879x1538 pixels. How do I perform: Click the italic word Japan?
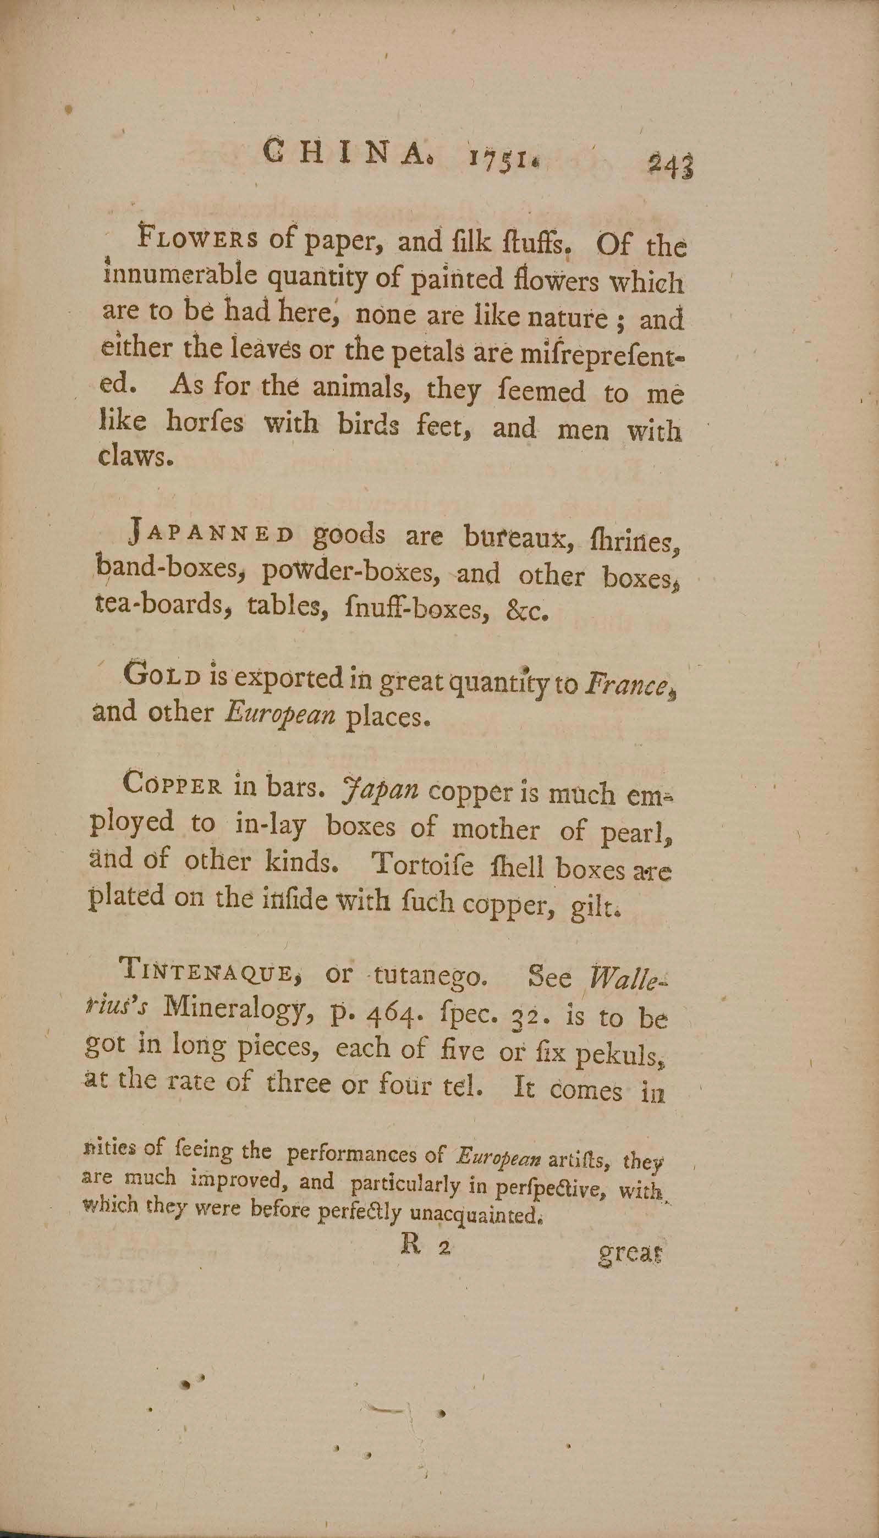click(380, 789)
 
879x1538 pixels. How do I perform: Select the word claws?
click(136, 457)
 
